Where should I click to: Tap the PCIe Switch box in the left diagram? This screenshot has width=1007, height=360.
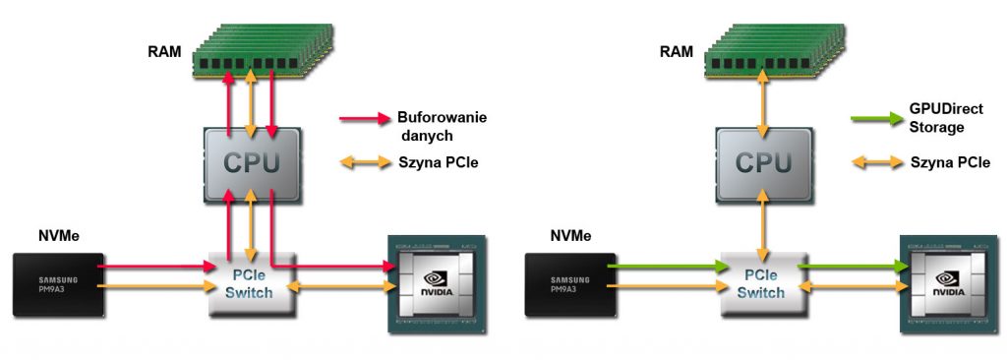[252, 280]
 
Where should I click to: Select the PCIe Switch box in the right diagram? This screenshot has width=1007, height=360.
[762, 280]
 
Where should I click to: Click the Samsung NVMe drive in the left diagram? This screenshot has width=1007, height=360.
[58, 284]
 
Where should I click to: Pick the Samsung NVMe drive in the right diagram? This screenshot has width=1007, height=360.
[567, 284]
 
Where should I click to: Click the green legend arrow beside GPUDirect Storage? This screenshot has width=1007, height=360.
[874, 119]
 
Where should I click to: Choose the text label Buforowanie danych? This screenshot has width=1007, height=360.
[441, 126]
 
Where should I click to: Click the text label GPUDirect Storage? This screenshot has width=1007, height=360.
[946, 118]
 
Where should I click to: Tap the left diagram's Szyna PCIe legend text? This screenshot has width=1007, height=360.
[438, 162]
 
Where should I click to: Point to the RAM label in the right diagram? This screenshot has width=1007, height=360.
[675, 50]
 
